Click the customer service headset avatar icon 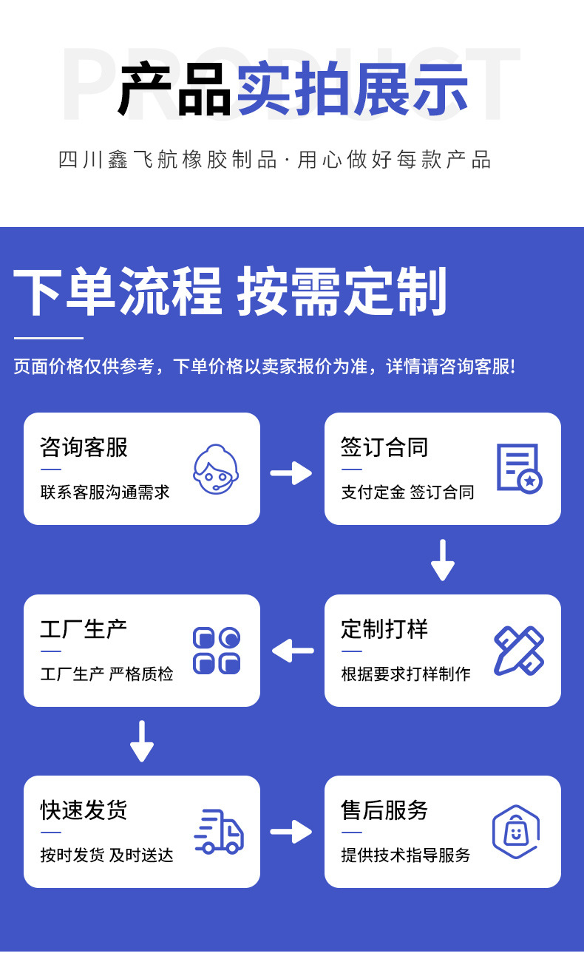pyautogui.click(x=216, y=469)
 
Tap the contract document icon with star pyautogui.click(x=518, y=468)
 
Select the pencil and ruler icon pyautogui.click(x=518, y=651)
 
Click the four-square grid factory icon pyautogui.click(x=217, y=651)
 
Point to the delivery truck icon pyautogui.click(x=218, y=832)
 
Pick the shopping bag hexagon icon pyautogui.click(x=516, y=832)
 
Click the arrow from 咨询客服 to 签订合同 pyautogui.click(x=291, y=472)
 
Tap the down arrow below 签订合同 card pyautogui.click(x=442, y=560)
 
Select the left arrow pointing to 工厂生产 pyautogui.click(x=293, y=651)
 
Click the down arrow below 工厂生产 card pyautogui.click(x=142, y=742)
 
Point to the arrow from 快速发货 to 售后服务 pyautogui.click(x=291, y=832)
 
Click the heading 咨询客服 pyautogui.click(x=84, y=447)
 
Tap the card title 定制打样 pyautogui.click(x=384, y=629)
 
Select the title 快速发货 pyautogui.click(x=84, y=810)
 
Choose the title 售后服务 pyautogui.click(x=384, y=810)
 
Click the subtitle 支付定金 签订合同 pyautogui.click(x=407, y=492)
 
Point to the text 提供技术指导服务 pyautogui.click(x=405, y=855)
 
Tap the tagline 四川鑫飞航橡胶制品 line pyautogui.click(x=274, y=160)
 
